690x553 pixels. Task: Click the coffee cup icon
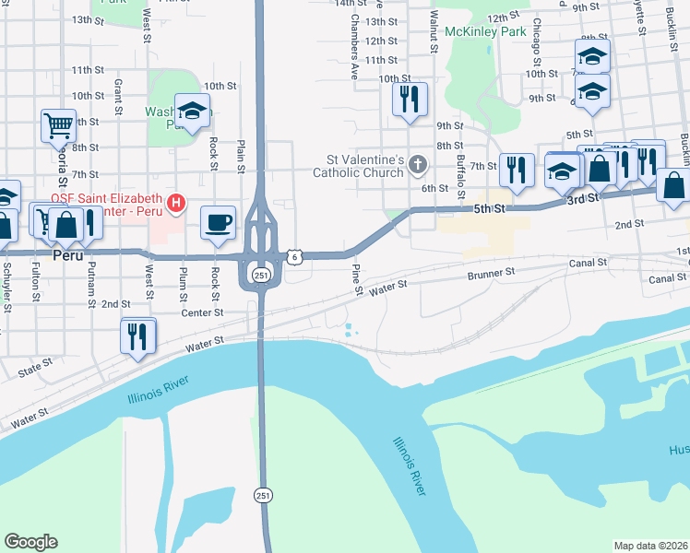pos(218,222)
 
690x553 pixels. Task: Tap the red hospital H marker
pos(175,202)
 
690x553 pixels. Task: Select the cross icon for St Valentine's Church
pos(418,166)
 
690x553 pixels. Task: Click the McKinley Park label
pos(485,31)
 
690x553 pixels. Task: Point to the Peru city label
pos(67,254)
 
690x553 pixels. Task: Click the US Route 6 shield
pos(292,257)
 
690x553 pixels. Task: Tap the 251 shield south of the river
pos(264,495)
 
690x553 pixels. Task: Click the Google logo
pos(30,542)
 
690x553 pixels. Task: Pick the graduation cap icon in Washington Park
pos(192,112)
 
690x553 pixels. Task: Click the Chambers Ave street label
pos(353,50)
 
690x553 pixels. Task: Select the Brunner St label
pos(490,274)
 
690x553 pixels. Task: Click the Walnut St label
pos(433,30)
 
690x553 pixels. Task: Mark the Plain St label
pos(242,155)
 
